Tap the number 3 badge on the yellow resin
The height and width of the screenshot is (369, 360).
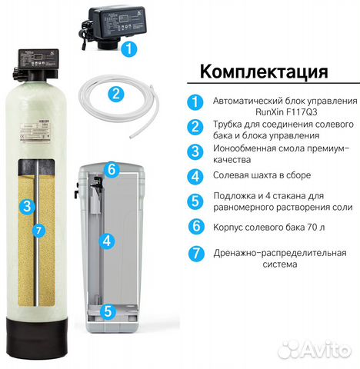click(x=28, y=206)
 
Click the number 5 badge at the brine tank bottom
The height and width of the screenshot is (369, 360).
click(x=108, y=311)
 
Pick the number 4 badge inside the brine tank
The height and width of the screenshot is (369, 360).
click(x=108, y=240)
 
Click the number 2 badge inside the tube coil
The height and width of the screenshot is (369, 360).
click(x=115, y=95)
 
